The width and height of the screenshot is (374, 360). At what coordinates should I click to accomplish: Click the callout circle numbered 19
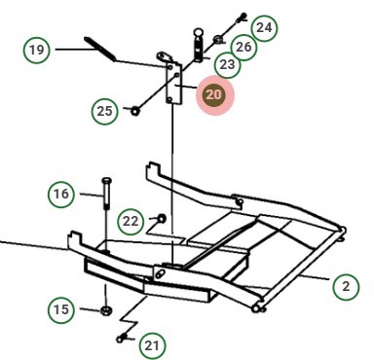[37, 51]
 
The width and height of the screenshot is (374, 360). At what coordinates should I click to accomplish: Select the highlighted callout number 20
[213, 95]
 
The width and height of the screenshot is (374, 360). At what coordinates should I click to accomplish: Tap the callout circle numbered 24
[264, 28]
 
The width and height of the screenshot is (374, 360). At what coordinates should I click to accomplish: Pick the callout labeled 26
[243, 47]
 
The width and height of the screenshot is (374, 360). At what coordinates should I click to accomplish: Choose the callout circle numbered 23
[227, 64]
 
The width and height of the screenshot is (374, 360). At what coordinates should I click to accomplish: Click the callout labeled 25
[105, 111]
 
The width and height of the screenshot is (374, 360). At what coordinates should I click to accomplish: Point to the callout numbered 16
[61, 195]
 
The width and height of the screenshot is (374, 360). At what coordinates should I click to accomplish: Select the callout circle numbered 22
[131, 222]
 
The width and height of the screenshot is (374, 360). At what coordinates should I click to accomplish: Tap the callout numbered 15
[61, 309]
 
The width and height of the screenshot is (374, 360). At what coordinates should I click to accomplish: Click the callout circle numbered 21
[152, 345]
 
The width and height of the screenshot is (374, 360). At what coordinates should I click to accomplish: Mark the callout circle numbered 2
[346, 287]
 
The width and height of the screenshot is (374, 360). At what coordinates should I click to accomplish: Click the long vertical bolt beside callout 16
[106, 194]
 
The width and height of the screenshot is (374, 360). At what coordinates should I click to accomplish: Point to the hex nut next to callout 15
[105, 310]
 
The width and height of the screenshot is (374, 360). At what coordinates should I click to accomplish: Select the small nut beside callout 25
[135, 111]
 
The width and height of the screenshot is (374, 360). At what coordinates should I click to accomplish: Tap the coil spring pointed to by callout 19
[100, 49]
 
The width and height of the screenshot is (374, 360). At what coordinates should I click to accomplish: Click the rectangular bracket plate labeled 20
[174, 83]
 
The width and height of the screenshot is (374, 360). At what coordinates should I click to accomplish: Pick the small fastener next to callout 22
[162, 218]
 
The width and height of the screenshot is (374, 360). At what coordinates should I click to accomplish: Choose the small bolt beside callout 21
[121, 339]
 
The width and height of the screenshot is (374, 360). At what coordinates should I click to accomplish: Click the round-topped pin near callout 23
[199, 45]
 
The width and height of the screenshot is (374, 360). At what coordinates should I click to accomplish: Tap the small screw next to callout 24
[242, 18]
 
